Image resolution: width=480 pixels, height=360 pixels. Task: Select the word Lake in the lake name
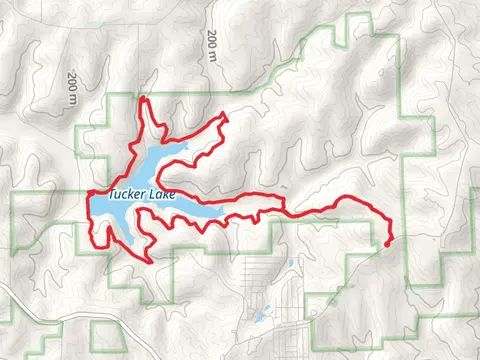(x=162, y=197)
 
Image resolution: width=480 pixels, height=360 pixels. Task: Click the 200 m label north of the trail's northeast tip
(x=213, y=45)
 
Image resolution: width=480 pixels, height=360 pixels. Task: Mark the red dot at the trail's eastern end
(x=387, y=241)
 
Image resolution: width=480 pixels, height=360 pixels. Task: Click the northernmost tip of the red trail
(x=142, y=98)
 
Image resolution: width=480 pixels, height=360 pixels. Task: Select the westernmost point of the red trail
(x=88, y=194)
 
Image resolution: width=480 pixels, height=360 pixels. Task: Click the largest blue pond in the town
(x=259, y=319)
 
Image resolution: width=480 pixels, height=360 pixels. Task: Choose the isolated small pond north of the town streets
(x=291, y=263)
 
